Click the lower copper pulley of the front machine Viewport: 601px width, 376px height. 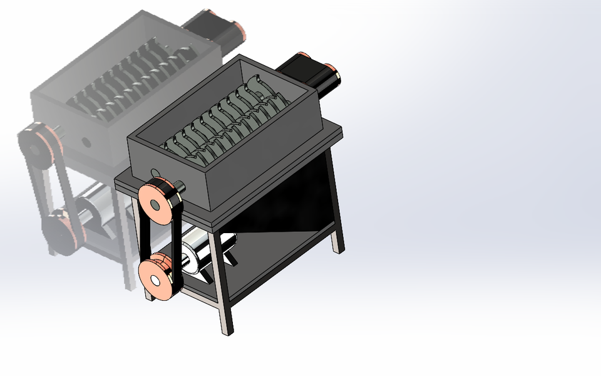click(156, 278)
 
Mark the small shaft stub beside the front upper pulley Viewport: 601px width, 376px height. click(180, 186)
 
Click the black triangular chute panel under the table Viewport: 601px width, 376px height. click(282, 207)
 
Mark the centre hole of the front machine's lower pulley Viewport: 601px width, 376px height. click(153, 278)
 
